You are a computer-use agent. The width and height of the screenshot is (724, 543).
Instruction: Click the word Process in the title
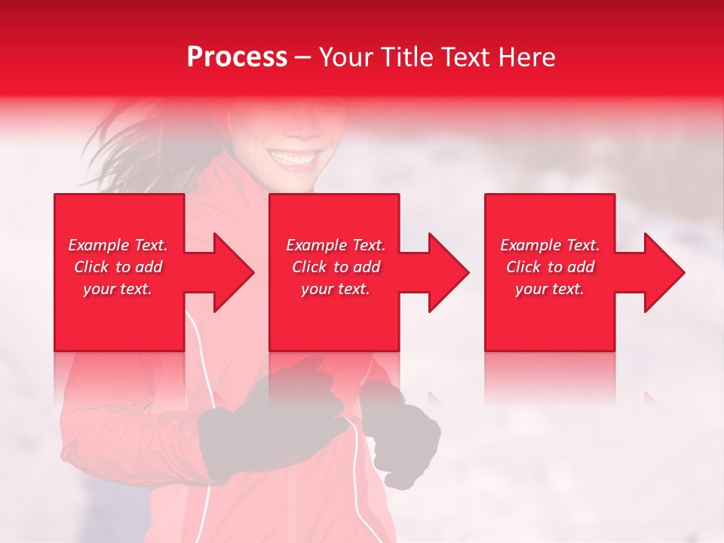(x=237, y=57)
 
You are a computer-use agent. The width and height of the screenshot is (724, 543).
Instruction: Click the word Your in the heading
(x=346, y=57)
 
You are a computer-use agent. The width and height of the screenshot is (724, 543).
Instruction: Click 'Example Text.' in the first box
(x=118, y=245)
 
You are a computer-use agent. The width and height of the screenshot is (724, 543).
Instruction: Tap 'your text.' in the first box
(x=118, y=289)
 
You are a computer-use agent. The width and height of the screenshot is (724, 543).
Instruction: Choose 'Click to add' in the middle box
(x=336, y=267)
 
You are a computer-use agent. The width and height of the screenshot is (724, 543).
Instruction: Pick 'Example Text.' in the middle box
(x=336, y=245)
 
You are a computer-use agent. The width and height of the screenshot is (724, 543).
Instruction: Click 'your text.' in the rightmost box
(x=550, y=289)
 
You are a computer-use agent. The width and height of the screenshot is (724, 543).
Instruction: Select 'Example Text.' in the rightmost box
(x=550, y=245)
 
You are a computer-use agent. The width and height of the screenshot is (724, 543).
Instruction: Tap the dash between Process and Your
(x=302, y=58)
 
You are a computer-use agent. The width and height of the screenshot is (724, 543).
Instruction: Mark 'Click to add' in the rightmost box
(x=550, y=267)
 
